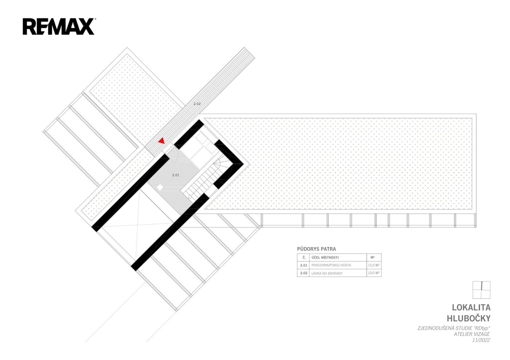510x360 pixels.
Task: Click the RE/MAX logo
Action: click(59, 26)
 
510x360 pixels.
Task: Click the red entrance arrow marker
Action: click(161, 141)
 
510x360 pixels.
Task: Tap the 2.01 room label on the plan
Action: click(176, 175)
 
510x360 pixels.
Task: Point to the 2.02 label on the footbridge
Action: click(197, 104)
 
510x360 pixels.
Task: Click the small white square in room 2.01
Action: click(160, 187)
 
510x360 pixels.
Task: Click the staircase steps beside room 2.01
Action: click(198, 180)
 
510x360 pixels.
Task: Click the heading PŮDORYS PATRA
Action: click(316, 249)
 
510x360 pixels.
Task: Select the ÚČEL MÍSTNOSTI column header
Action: click(325, 257)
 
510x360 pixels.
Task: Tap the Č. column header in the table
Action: click(304, 257)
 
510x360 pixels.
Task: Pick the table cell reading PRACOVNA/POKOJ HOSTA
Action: click(331, 265)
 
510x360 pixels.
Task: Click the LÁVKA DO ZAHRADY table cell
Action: click(327, 273)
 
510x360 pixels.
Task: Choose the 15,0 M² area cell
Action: click(374, 265)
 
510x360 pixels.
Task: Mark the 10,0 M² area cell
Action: click(374, 273)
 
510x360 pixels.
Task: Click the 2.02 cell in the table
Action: click(304, 273)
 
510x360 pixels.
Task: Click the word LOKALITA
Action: click(471, 307)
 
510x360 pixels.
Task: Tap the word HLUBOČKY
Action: click(468, 318)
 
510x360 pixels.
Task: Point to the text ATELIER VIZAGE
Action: click(472, 334)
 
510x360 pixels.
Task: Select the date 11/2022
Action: click(482, 340)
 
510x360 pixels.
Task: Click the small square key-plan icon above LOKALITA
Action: click(482, 290)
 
